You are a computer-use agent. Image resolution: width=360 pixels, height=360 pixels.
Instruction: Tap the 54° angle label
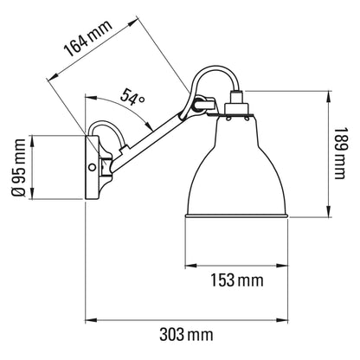132,101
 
